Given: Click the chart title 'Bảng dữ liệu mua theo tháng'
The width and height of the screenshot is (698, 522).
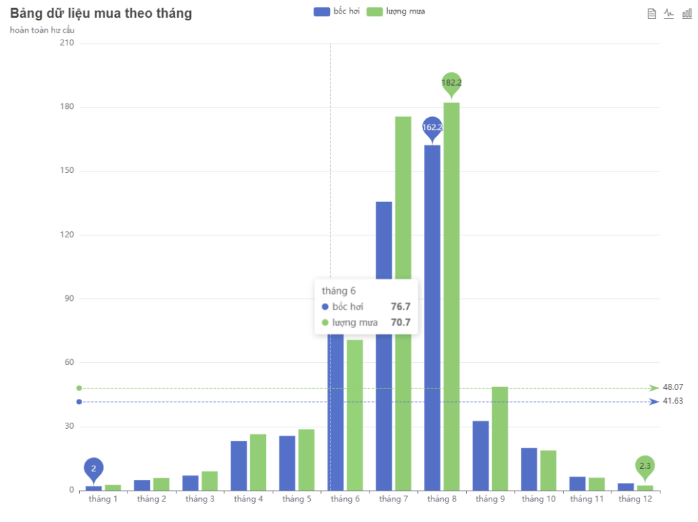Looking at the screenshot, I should [x=101, y=14].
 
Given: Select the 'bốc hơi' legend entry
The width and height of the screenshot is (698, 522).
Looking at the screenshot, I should [x=337, y=12].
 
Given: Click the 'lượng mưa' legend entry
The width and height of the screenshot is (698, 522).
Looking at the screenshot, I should [x=395, y=12].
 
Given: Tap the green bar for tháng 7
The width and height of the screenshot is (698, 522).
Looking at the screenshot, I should [x=403, y=204].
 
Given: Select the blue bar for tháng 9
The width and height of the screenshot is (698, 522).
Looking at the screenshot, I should [x=481, y=455].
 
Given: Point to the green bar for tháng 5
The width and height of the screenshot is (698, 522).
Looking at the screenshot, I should [x=306, y=459].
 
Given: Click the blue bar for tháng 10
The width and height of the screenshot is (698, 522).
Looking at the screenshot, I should [x=529, y=469].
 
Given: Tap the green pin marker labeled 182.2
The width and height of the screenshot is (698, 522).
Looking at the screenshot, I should [x=451, y=83].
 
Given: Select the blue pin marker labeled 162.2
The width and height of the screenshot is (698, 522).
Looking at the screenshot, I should [x=432, y=127].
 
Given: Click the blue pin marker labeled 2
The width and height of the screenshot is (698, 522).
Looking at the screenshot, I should [x=93, y=468].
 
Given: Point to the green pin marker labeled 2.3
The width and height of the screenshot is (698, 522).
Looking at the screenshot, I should [x=645, y=466].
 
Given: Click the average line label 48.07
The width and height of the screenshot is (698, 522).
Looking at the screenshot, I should [x=672, y=387].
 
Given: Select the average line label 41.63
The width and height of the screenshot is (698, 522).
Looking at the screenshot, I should [x=672, y=402].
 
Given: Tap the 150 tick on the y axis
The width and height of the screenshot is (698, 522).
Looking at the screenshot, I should [x=66, y=171].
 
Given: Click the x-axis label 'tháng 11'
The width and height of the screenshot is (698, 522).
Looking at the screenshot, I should [x=587, y=499].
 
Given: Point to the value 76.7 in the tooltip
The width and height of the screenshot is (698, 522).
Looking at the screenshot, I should [x=400, y=307].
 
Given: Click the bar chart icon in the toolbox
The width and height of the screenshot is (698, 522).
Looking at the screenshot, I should [x=686, y=14].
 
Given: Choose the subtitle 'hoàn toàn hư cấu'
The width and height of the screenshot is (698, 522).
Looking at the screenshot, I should [x=42, y=30].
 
